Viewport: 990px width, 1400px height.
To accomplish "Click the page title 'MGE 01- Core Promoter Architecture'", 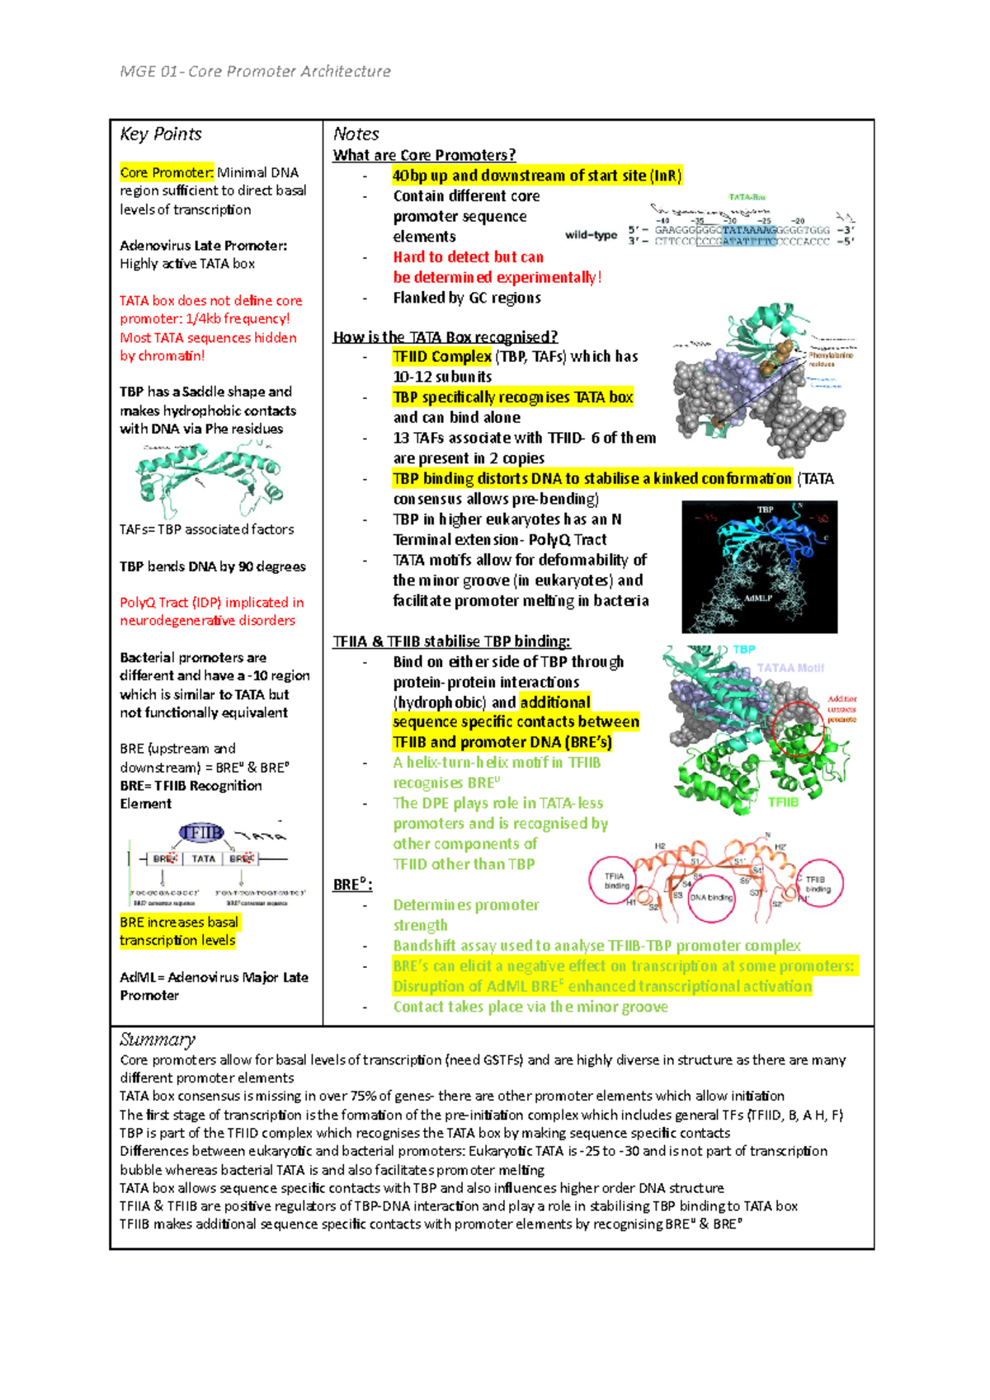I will click(255, 72).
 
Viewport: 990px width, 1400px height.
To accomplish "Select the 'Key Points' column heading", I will click(161, 134).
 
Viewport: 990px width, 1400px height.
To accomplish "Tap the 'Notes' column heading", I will click(356, 134).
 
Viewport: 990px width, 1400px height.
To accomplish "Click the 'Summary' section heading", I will click(158, 1039).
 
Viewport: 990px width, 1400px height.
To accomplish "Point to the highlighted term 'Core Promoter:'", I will click(167, 172).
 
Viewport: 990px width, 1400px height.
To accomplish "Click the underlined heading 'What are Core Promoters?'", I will click(424, 155).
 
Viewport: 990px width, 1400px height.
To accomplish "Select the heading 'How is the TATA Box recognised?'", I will click(445, 336).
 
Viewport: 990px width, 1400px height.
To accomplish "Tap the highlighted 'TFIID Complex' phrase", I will click(442, 356).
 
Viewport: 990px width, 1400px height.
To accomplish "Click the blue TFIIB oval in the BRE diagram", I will click(201, 833).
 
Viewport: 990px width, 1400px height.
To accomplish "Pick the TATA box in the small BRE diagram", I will click(203, 858).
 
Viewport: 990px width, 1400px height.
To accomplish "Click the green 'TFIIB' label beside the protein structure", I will click(783, 801).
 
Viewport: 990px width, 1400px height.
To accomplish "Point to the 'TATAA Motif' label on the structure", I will click(790, 668).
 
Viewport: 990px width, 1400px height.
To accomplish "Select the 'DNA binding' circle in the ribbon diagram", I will click(711, 898).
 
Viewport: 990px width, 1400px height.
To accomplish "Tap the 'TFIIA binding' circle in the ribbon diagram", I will click(614, 881).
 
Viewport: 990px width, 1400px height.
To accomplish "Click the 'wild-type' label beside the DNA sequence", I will click(591, 235).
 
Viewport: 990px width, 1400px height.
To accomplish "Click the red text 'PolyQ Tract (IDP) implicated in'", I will click(212, 603).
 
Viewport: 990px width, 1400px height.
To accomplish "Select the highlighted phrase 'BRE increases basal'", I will click(179, 922).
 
